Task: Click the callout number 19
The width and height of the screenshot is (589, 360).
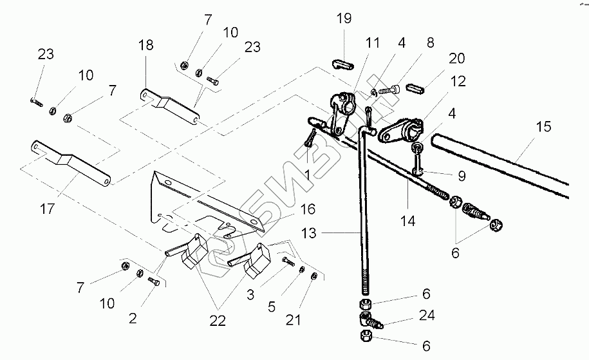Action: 343,18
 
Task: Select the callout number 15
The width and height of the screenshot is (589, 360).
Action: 544,127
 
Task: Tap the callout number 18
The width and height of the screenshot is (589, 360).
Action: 146,45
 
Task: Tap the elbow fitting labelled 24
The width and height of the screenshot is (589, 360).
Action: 368,316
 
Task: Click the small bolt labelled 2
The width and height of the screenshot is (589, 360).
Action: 154,281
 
